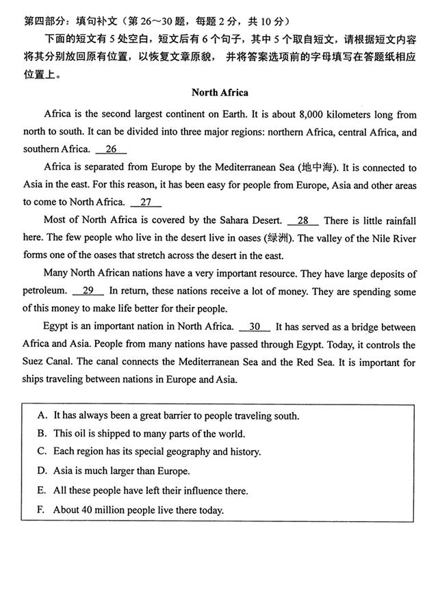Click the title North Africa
[x=220, y=92]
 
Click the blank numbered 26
[x=111, y=148]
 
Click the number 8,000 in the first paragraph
[x=289, y=114]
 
